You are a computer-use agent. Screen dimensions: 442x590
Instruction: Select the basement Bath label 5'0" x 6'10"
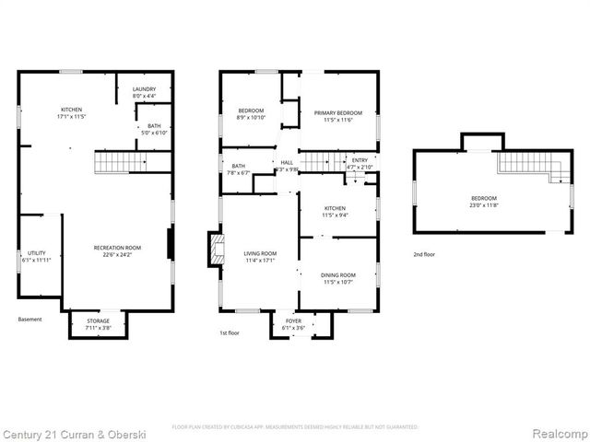(153, 129)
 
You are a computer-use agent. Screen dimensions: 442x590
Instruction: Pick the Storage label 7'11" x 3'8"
(99, 324)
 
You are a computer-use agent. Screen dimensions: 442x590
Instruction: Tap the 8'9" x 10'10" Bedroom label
(251, 113)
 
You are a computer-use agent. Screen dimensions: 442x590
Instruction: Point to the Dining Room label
(338, 278)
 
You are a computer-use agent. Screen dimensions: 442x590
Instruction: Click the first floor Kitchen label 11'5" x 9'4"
(335, 212)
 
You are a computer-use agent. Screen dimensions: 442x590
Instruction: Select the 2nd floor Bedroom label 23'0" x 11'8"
(484, 203)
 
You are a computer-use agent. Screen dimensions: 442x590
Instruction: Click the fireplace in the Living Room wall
(215, 250)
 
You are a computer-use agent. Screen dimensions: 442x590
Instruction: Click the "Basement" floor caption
(29, 320)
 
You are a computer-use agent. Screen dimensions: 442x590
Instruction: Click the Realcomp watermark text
(557, 433)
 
